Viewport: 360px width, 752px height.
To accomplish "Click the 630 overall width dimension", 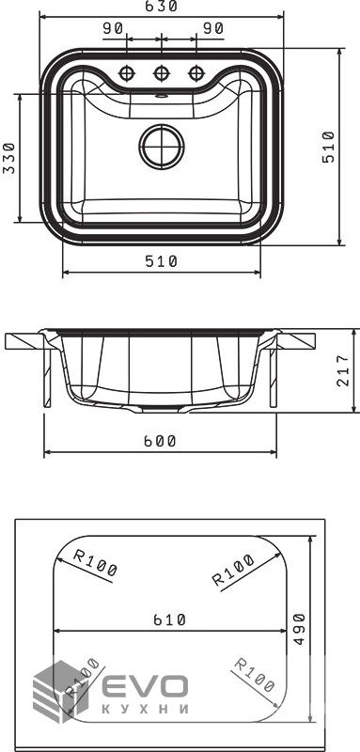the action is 161,7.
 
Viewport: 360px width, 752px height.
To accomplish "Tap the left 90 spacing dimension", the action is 113,29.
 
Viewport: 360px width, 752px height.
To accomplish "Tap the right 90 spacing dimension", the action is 212,29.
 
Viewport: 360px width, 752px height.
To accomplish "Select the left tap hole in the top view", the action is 127,73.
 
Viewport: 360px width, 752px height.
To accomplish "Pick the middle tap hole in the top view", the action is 161,73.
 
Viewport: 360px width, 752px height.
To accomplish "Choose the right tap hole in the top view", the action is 196,73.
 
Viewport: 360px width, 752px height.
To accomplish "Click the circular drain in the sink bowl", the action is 162,147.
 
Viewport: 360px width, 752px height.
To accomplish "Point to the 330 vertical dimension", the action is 9,158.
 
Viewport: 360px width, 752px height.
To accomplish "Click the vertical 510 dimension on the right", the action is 328,147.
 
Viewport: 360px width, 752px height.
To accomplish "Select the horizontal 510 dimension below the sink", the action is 161,261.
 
